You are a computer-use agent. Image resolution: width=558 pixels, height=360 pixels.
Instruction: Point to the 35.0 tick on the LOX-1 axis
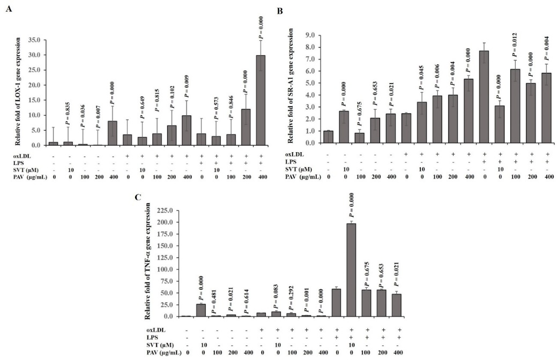click(34, 40)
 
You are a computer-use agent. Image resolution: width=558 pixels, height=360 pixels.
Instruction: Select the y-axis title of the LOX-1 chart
click(18, 92)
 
